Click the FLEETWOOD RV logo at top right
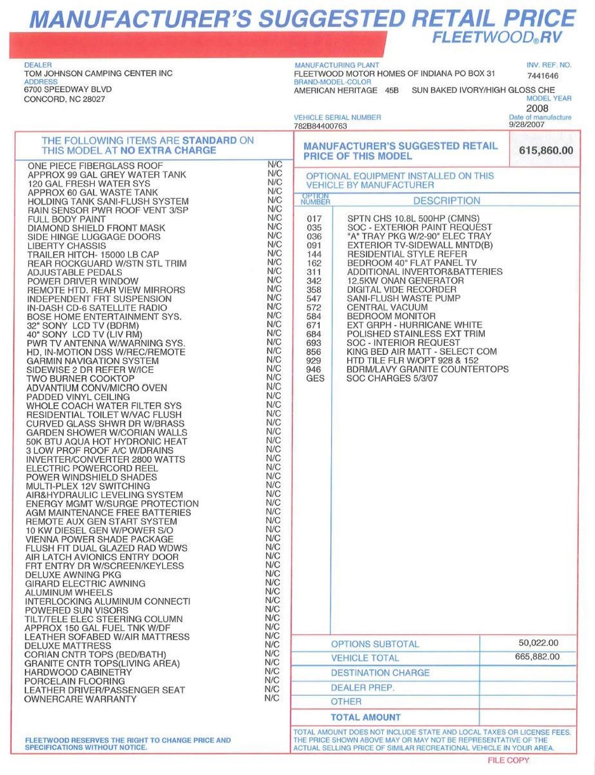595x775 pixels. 497,37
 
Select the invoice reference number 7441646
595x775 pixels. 543,76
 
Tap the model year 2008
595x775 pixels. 537,108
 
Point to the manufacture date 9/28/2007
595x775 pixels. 527,125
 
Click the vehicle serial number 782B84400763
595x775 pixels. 320,126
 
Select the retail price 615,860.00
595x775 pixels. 546,151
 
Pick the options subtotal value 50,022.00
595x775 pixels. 538,643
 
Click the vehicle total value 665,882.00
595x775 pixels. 537,656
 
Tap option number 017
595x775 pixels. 314,219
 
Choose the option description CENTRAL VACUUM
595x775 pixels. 387,307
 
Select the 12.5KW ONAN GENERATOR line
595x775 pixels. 405,281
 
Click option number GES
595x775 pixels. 315,378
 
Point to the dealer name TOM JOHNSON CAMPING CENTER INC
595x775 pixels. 98,73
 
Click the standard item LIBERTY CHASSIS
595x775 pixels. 67,246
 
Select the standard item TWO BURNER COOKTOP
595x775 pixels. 80,379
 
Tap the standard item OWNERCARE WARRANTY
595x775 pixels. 80,699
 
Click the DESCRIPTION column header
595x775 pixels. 447,201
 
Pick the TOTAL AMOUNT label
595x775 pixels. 365,717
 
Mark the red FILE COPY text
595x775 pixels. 508,760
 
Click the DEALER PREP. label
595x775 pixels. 363,687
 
